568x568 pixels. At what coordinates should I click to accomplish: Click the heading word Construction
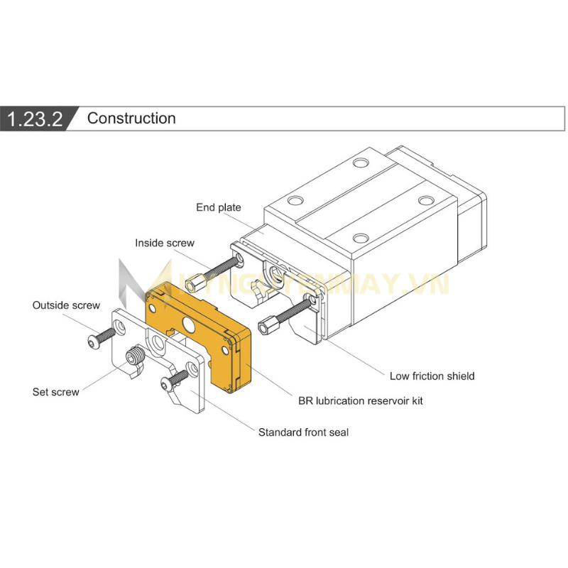(x=131, y=119)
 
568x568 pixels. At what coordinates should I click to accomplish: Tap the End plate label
(x=219, y=207)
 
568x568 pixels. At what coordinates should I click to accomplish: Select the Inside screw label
(x=165, y=243)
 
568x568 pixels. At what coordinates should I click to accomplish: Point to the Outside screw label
(x=66, y=305)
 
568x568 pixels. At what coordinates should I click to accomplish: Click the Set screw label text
(x=56, y=391)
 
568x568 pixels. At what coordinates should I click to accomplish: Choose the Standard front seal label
(x=303, y=432)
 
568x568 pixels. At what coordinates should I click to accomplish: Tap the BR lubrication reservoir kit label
(x=361, y=400)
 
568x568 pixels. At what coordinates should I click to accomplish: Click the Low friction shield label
(x=432, y=376)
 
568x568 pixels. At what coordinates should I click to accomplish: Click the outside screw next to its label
(x=102, y=337)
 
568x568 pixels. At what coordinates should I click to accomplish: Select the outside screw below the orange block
(x=176, y=380)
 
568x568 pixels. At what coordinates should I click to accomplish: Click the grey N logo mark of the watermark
(x=131, y=280)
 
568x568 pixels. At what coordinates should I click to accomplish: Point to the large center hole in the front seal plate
(x=157, y=346)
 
